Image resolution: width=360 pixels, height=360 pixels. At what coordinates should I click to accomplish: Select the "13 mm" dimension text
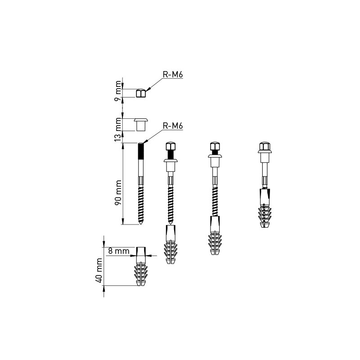pos(118,130)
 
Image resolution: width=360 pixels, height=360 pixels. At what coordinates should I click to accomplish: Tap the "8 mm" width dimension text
pos(119,251)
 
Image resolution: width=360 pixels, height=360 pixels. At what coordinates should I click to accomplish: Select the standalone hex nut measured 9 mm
pos(141,94)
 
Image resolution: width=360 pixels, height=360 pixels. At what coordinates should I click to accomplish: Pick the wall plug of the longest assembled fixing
pos(171,247)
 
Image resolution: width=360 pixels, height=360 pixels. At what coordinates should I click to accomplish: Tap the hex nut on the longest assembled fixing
pos(171,147)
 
